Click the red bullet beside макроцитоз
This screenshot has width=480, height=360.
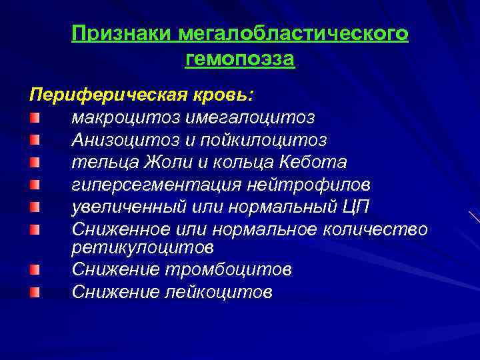tap(34, 117)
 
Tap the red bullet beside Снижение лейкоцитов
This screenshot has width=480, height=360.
tap(34, 292)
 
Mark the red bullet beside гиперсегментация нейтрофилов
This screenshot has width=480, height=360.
tap(34, 185)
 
